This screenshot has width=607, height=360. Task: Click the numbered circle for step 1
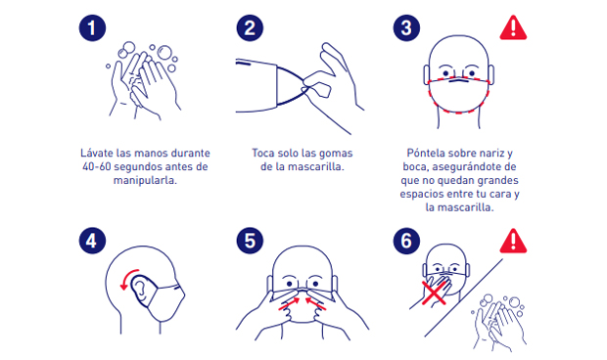[x=92, y=27]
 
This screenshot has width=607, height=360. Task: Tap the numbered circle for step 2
[x=250, y=27]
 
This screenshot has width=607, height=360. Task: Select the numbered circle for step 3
[x=406, y=27]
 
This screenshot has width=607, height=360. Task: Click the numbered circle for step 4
[x=92, y=241]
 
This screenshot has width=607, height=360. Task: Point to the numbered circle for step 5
[x=250, y=241]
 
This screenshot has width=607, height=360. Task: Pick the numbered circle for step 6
[x=406, y=241]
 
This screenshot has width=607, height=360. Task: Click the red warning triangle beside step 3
[x=513, y=27]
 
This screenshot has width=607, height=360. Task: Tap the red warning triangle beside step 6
[x=513, y=241]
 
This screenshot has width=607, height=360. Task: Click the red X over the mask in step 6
[x=435, y=292]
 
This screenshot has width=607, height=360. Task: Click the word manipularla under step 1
[x=145, y=181]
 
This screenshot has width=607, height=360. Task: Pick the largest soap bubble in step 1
[x=164, y=53]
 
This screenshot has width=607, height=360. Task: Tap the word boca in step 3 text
[x=415, y=166]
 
